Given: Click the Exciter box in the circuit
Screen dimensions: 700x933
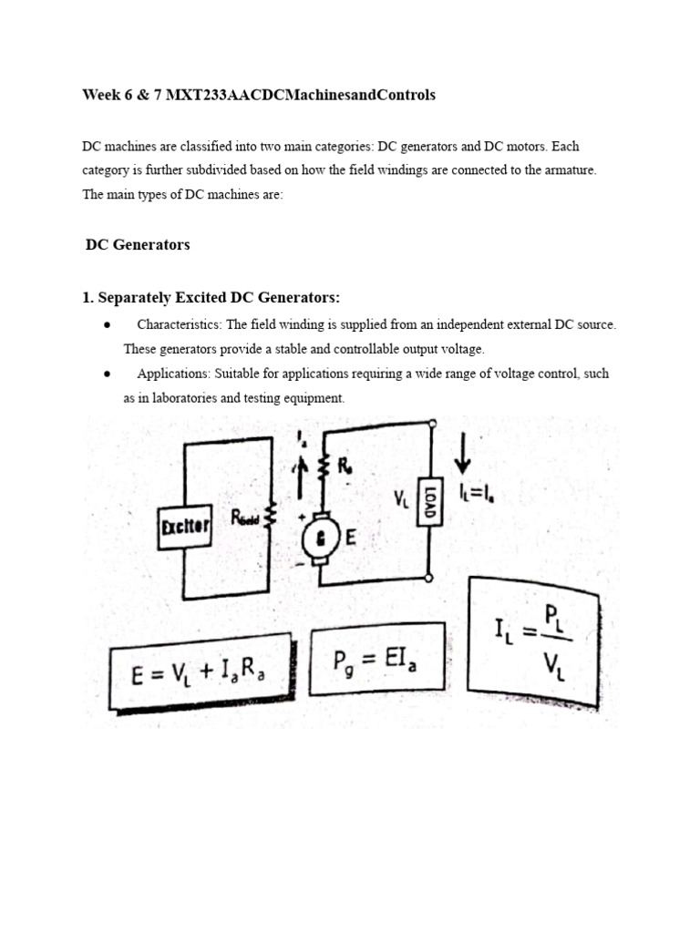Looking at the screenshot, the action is pyautogui.click(x=186, y=528).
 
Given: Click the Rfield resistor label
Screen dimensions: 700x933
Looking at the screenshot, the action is pyautogui.click(x=244, y=518).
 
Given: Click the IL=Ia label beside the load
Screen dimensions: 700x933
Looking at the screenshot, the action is pyautogui.click(x=479, y=493).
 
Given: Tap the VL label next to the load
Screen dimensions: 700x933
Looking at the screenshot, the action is pyautogui.click(x=401, y=498).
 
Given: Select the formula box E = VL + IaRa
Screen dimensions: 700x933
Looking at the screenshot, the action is pyautogui.click(x=200, y=679).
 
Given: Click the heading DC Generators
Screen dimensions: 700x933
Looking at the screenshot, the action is pyautogui.click(x=138, y=244).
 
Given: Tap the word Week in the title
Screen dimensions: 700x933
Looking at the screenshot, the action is pyautogui.click(x=101, y=95).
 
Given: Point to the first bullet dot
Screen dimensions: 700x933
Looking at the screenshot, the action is pyautogui.click(x=108, y=325).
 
